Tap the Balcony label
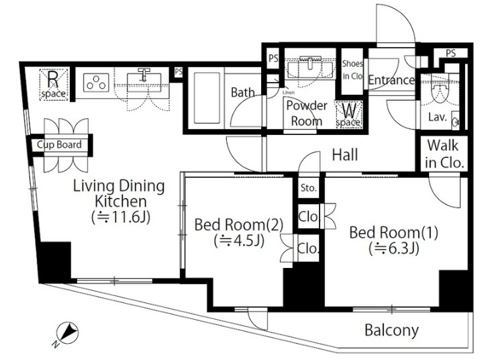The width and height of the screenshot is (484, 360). click(391, 330)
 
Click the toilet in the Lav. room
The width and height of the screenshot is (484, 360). click(439, 93)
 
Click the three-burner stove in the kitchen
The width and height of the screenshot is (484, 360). click(96, 83)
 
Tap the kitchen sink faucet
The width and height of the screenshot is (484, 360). click(144, 74)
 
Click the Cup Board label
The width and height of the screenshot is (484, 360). click(59, 144)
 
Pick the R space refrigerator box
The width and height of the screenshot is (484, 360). click(54, 85)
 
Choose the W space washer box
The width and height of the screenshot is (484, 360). click(349, 115)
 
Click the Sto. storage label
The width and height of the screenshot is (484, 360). click(308, 187)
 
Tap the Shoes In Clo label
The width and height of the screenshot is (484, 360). click(352, 70)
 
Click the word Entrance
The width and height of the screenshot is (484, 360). click(391, 80)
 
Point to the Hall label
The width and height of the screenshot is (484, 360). click(345, 154)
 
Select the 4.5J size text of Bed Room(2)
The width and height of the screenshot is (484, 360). click(239, 240)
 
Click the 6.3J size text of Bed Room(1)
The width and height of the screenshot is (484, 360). click(394, 248)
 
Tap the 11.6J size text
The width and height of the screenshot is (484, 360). click(121, 217)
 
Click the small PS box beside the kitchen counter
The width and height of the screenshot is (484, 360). click(179, 73)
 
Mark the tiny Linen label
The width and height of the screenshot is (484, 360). click(289, 92)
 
